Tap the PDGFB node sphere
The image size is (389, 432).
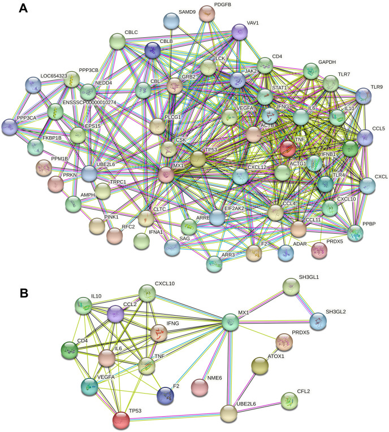(x=208, y=13)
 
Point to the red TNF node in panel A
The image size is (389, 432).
(x=288, y=149)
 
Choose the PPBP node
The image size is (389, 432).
(x=355, y=233)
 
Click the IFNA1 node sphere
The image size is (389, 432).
(x=141, y=241)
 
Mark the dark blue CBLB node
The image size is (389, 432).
(x=153, y=51)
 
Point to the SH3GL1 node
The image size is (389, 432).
(x=291, y=289)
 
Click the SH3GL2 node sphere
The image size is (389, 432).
(x=318, y=321)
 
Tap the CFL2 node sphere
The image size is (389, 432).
(x=291, y=402)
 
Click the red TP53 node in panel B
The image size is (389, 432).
(x=121, y=420)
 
